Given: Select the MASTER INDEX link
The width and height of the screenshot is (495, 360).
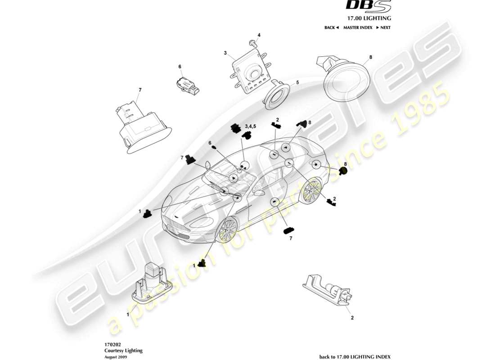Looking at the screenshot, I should (357, 27).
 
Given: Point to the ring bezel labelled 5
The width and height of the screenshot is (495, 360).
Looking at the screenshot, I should (277, 95).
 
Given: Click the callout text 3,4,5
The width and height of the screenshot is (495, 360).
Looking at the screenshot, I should (250, 126).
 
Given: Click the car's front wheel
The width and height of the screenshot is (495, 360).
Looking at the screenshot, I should (226, 230).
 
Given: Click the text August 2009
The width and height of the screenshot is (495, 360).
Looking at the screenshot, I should (115, 356).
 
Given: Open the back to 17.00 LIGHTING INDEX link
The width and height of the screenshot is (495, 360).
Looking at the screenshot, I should (355, 356).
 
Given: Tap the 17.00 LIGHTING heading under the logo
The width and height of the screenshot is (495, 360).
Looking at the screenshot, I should (368, 18).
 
